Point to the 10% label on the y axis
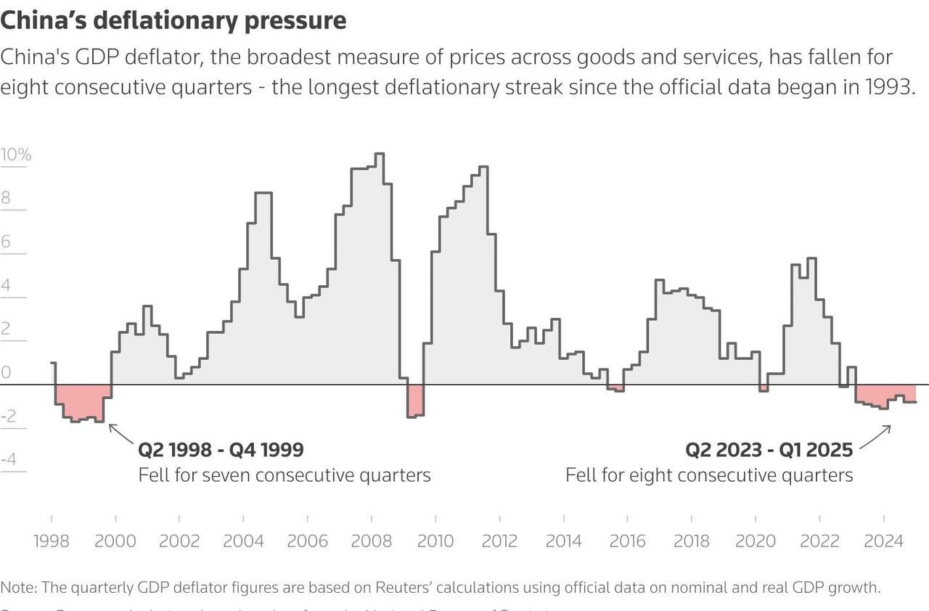coord(15,155)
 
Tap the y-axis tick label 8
coord(7,198)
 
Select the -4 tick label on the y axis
coord(9,459)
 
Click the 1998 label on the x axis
coord(52,541)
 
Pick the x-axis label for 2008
coord(371,541)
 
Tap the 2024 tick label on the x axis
coord(883,541)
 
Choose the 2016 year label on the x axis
coord(627,541)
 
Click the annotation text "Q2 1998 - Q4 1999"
coord(221,450)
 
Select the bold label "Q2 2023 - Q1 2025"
coord(769,450)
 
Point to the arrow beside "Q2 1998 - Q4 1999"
coord(121,433)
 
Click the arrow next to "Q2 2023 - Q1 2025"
coord(875,437)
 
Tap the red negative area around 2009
coord(415,401)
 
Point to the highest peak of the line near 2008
coord(380,154)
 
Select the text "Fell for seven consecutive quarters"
coord(285,475)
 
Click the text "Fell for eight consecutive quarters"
coord(709,475)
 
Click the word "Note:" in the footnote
coord(19,587)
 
